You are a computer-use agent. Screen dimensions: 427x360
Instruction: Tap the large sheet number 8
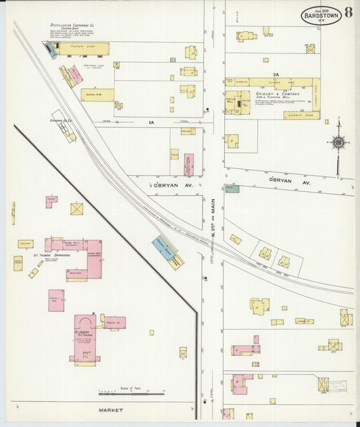(x=347, y=12)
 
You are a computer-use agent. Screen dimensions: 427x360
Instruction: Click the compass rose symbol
(x=337, y=142)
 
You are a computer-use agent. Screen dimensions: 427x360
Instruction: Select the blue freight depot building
(x=163, y=249)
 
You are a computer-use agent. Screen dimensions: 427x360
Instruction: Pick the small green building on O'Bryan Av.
(x=232, y=189)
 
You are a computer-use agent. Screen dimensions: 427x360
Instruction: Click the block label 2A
(x=275, y=74)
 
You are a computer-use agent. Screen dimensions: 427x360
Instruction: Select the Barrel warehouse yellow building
(x=97, y=95)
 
